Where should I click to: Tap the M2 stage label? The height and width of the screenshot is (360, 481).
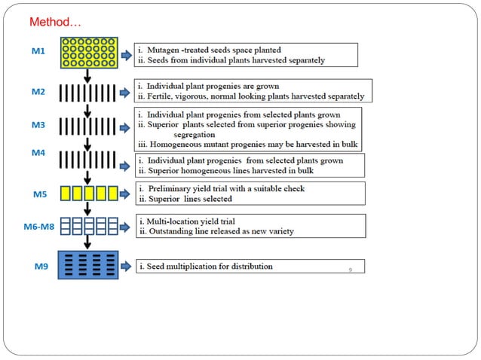pyautogui.click(x=38, y=92)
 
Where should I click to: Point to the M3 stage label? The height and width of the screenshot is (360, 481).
pyautogui.click(x=38, y=124)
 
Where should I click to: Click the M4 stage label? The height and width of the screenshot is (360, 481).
pyautogui.click(x=38, y=153)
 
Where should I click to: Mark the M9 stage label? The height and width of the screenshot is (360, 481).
pyautogui.click(x=38, y=267)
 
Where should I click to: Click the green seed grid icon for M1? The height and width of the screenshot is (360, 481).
pyautogui.click(x=87, y=53)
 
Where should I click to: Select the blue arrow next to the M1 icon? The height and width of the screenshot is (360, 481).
pyautogui.click(x=125, y=54)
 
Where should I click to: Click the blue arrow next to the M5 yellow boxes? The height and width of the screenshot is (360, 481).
pyautogui.click(x=125, y=194)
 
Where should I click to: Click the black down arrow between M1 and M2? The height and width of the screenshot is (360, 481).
pyautogui.click(x=88, y=76)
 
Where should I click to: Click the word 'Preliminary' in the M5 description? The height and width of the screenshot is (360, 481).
pyautogui.click(x=170, y=188)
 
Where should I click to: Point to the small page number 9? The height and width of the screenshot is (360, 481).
pyautogui.click(x=351, y=268)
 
